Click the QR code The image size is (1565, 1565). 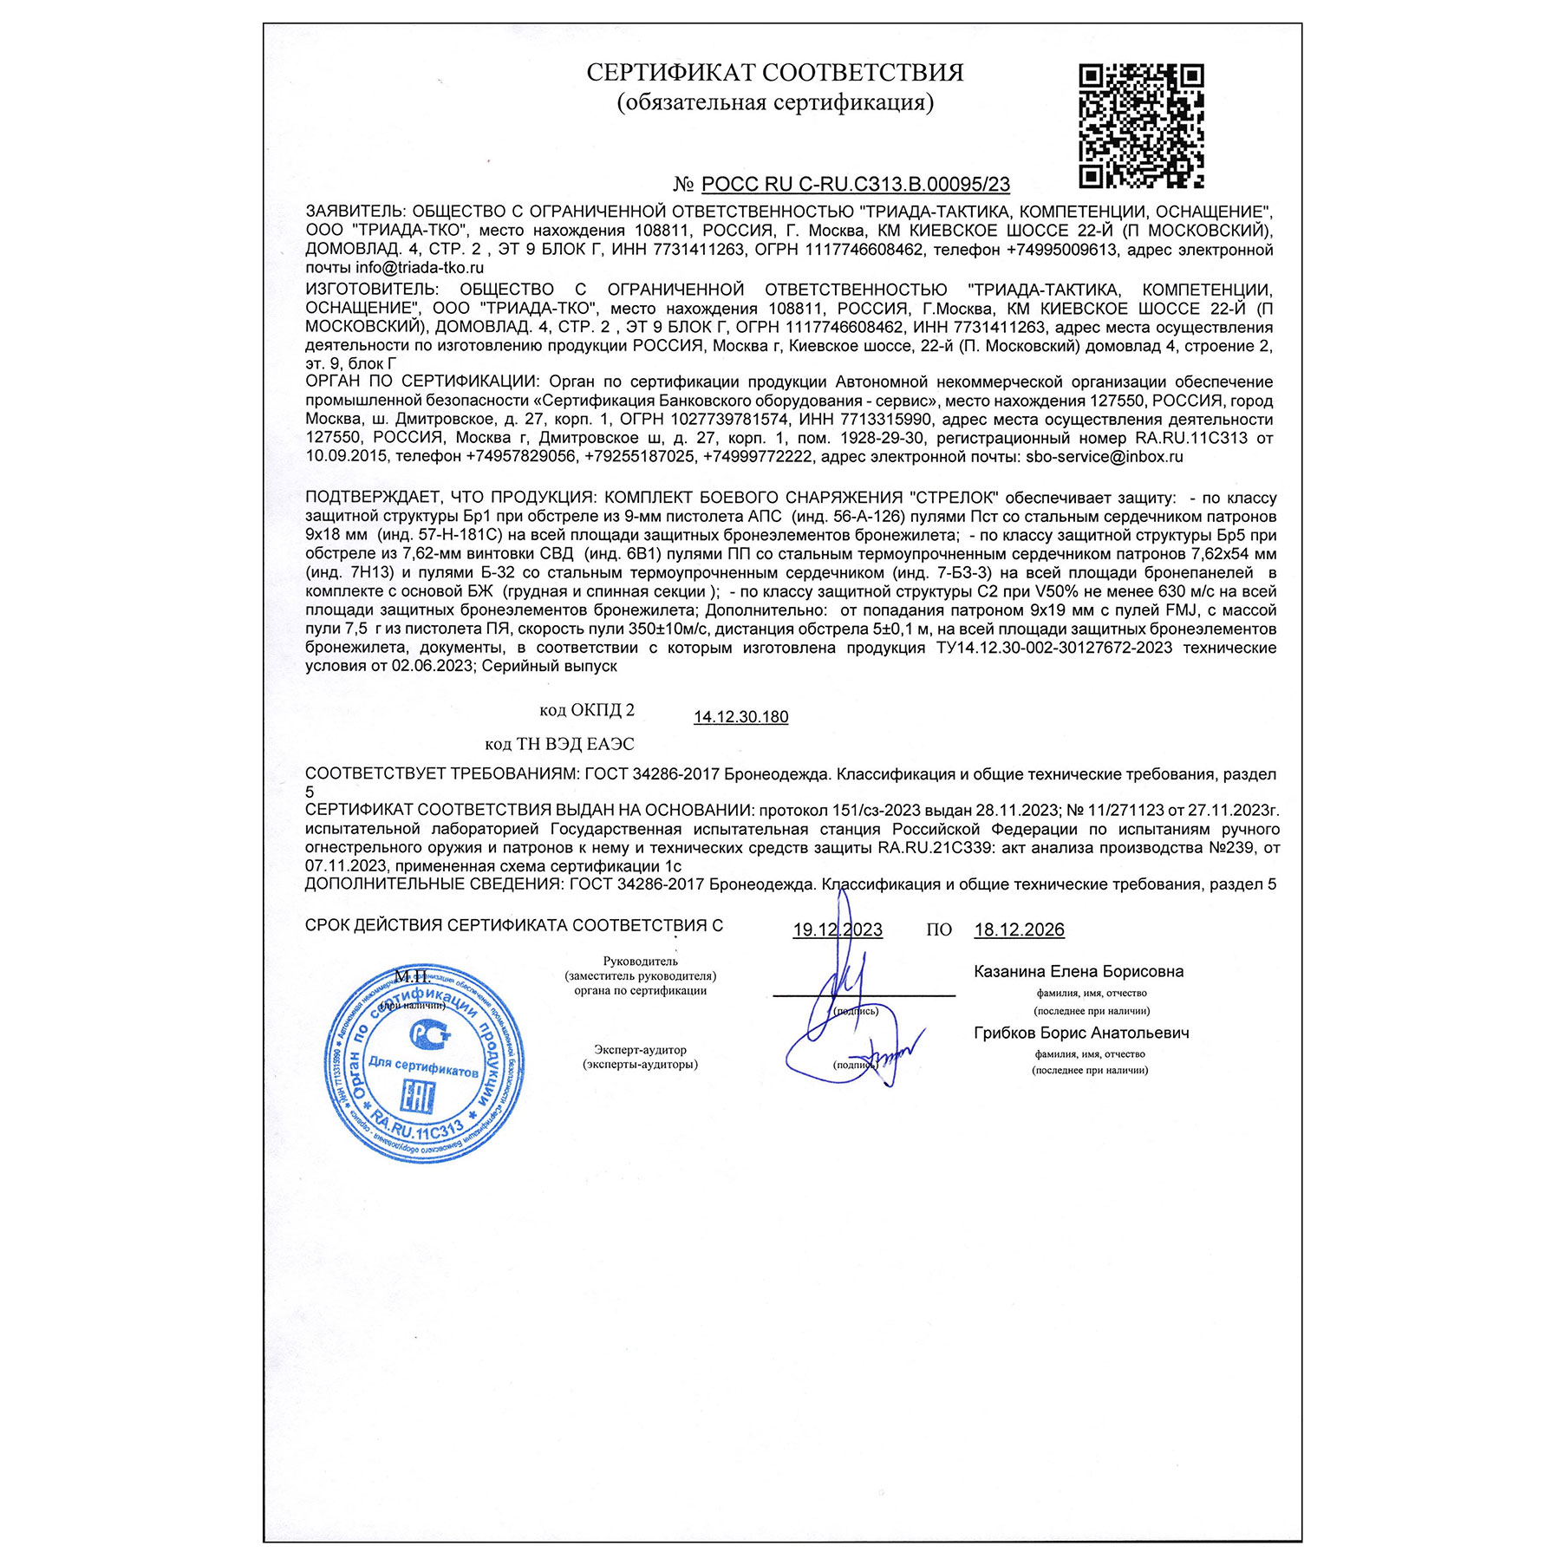point(1141,127)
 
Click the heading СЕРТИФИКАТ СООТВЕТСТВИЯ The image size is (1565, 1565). point(774,73)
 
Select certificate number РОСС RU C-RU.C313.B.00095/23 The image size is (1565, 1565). point(855,185)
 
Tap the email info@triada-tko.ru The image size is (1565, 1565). point(420,269)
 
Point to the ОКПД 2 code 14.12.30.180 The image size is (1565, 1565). point(740,717)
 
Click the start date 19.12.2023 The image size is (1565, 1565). point(837,930)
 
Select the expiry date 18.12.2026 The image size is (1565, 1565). point(1019,930)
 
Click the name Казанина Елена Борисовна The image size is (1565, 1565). point(1079,972)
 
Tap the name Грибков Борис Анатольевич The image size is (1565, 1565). point(1081,1034)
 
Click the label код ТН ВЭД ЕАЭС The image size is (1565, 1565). point(559,745)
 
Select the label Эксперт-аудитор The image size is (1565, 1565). point(640,1050)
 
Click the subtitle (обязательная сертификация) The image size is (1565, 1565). point(775,103)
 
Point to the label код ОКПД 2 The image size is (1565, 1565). point(586,711)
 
